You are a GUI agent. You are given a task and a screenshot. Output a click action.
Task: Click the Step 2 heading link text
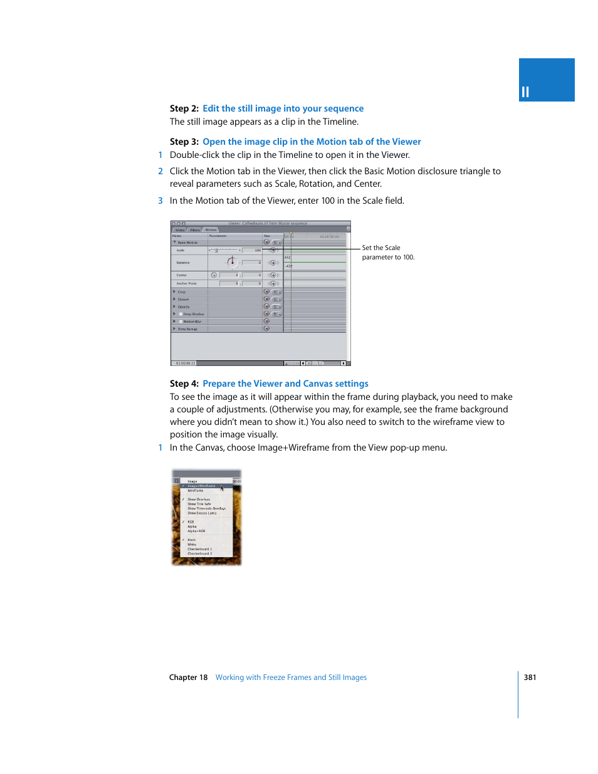[x=283, y=108]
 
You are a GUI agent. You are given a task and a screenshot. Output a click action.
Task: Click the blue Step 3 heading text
[x=312, y=142]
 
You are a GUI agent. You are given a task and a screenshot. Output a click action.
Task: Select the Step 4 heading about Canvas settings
[x=285, y=384]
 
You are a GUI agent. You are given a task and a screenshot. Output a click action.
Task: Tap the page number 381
[x=530, y=677]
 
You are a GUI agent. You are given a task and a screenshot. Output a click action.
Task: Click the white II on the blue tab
[x=525, y=92]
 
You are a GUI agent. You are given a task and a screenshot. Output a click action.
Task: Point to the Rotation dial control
[x=232, y=262]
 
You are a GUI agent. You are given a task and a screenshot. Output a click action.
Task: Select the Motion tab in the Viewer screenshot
[x=211, y=229]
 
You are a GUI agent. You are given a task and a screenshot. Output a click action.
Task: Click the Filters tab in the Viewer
[x=195, y=230]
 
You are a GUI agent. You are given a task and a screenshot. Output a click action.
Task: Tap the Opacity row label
[x=184, y=307]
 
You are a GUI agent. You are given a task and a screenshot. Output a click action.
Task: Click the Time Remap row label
[x=187, y=329]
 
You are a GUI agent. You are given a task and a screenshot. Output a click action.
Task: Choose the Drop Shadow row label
[x=194, y=314]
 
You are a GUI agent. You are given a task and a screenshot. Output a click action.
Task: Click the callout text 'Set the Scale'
[x=380, y=248]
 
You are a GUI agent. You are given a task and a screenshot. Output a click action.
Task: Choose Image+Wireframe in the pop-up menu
[x=201, y=486]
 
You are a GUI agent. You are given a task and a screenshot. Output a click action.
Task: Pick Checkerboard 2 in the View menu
[x=199, y=553]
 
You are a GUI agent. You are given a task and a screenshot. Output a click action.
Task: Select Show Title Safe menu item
[x=199, y=504]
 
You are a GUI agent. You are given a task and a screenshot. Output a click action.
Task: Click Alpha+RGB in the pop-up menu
[x=196, y=531]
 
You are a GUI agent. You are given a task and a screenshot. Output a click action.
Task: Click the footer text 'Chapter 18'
[x=188, y=677]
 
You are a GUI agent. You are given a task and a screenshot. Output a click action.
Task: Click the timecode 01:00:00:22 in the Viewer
[x=186, y=363]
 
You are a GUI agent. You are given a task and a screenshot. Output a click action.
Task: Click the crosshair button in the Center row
[x=214, y=275]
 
